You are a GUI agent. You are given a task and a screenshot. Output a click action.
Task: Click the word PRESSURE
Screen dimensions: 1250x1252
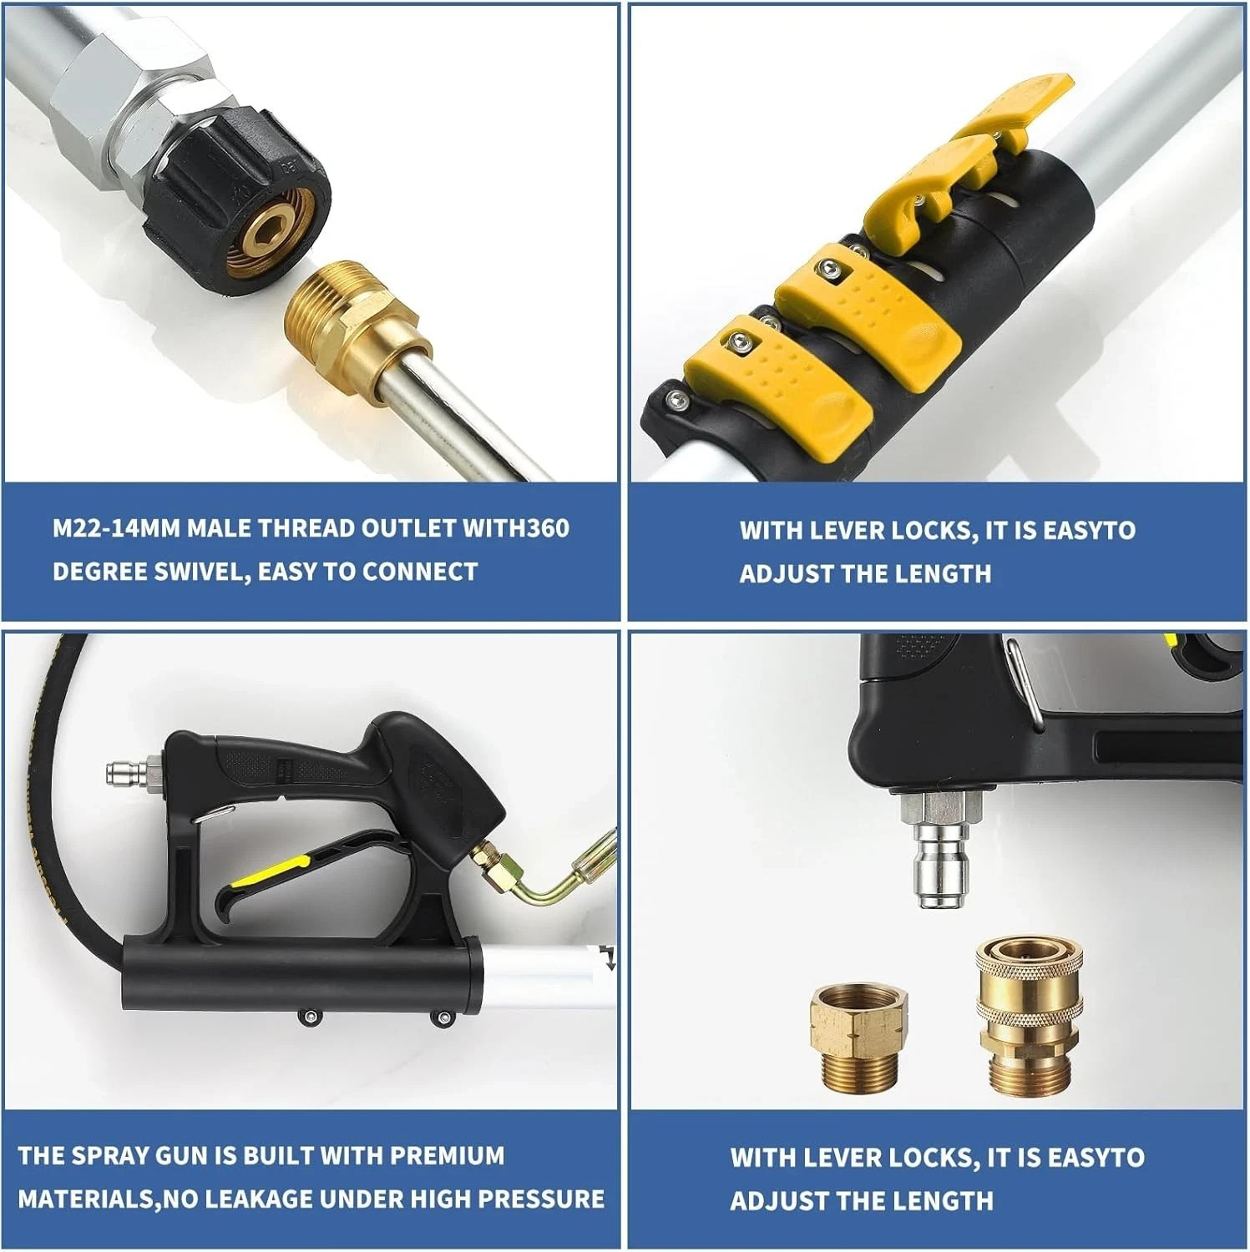537,1200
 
